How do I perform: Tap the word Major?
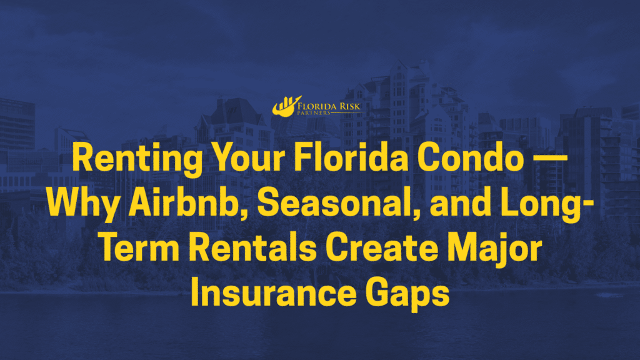click(495, 249)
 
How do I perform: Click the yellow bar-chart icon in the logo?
click(286, 106)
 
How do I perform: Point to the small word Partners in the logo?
click(314, 113)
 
